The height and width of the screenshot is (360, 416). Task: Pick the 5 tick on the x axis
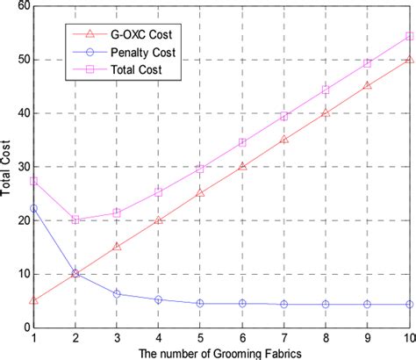(200, 338)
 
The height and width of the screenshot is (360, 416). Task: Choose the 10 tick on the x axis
(409, 338)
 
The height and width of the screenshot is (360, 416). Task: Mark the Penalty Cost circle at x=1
(33, 208)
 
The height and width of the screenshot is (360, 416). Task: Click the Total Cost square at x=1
(33, 181)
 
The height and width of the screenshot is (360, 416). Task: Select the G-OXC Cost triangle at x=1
(33, 300)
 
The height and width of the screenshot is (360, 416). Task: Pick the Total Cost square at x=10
(410, 36)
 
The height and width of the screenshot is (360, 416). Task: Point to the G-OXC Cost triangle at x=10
(410, 60)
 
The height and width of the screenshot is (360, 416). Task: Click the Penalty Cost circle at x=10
(410, 305)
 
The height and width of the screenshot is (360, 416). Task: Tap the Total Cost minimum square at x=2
(75, 220)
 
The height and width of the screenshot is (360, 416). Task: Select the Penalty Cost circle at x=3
(117, 294)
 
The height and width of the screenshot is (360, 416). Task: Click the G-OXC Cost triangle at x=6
(242, 166)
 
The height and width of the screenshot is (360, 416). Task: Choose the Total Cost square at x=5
(200, 169)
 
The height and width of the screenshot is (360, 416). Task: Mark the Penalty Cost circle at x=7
(284, 305)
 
